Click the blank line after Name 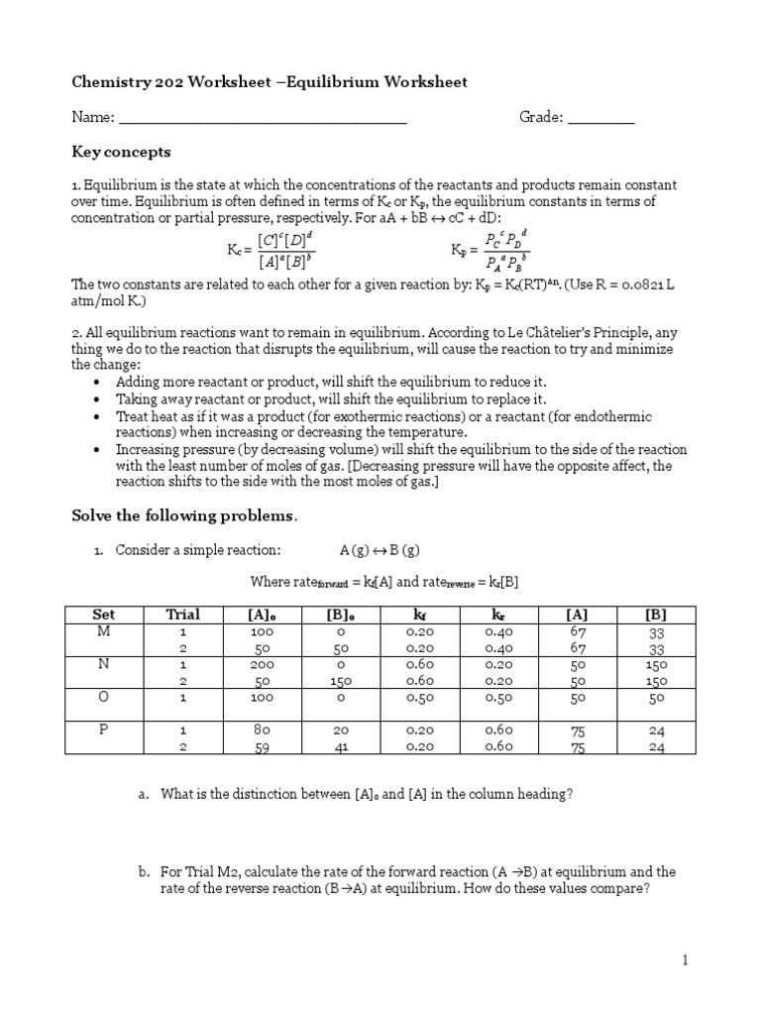[264, 118]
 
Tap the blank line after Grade [601, 118]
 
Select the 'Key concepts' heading [121, 152]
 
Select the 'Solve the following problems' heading [183, 515]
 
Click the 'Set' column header [103, 614]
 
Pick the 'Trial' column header [183, 614]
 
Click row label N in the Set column [103, 664]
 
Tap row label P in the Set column [103, 730]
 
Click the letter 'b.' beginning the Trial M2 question [144, 872]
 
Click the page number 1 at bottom [684, 959]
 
